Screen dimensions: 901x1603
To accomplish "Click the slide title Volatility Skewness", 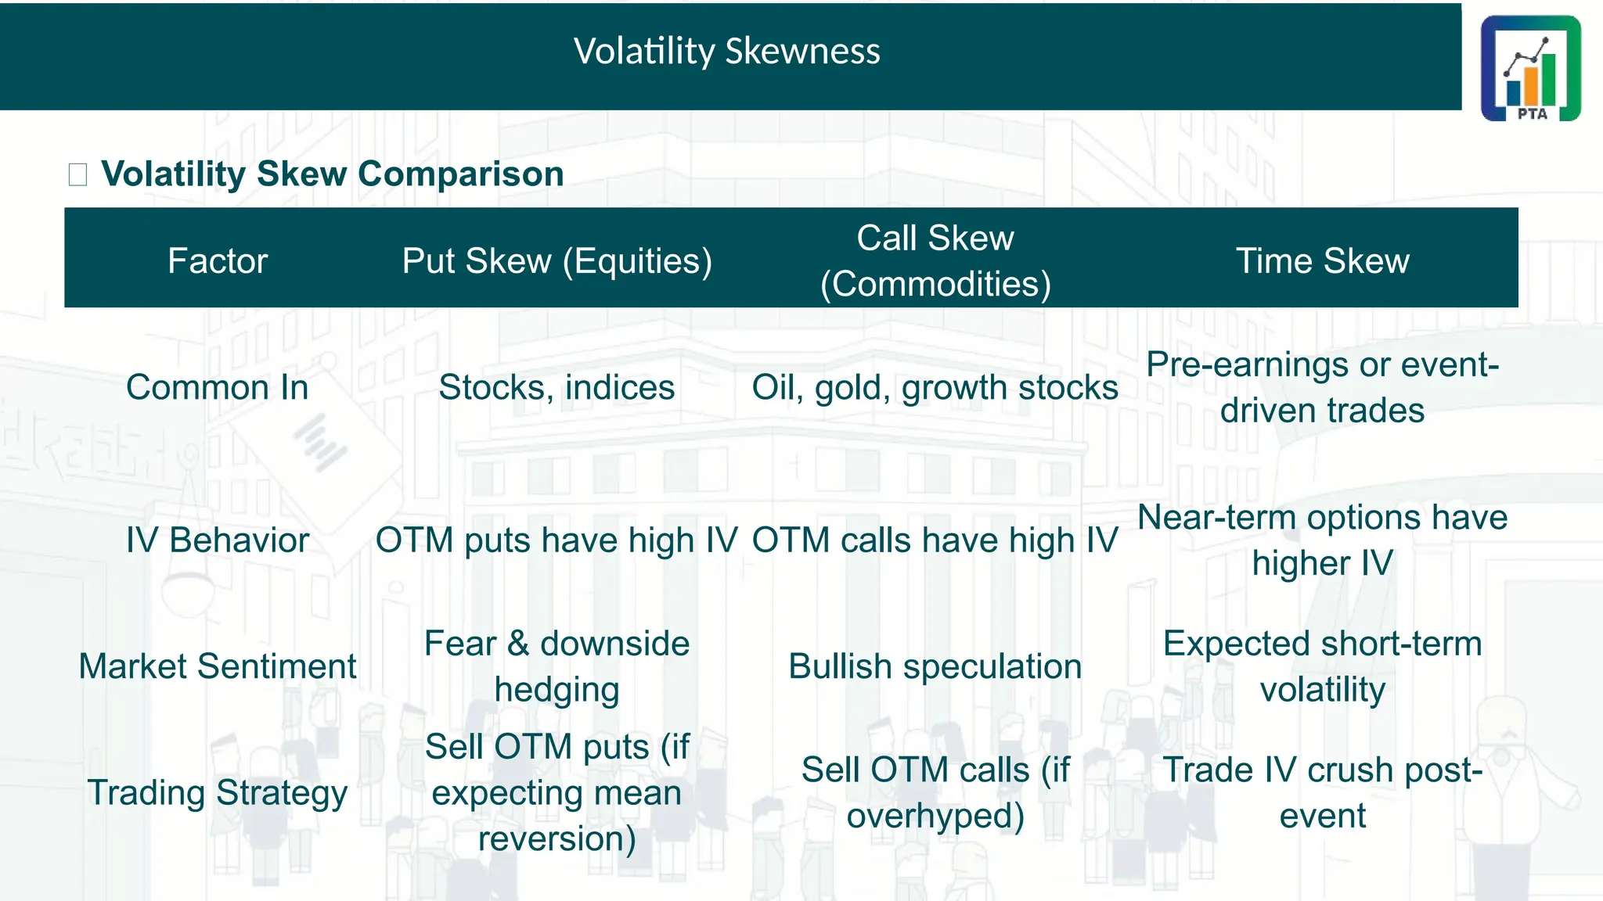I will [726, 52].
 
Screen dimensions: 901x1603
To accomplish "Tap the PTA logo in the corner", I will [1530, 68].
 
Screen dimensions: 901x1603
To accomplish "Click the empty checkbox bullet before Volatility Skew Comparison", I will [77, 174].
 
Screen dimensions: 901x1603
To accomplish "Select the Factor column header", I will [218, 260].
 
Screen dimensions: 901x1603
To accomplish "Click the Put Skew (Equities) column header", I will [557, 260].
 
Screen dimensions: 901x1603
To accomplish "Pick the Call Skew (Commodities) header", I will [935, 260].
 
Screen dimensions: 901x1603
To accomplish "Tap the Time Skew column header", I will [1322, 260].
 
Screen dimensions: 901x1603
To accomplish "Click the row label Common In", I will [218, 387].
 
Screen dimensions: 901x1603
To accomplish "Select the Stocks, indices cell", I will [557, 387].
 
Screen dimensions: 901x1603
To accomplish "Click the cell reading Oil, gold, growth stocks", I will [935, 387].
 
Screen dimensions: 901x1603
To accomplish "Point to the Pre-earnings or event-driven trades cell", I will [1322, 387].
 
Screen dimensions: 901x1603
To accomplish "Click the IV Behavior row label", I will [218, 540].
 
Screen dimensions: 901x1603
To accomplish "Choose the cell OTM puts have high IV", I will [557, 540].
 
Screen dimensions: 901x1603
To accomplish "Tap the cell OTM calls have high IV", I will [935, 540].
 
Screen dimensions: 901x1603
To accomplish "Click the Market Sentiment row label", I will [218, 666].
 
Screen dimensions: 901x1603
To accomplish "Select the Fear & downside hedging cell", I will [557, 666].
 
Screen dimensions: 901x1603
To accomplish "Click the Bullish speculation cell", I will [935, 666].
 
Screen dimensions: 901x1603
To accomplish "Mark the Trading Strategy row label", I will [218, 792].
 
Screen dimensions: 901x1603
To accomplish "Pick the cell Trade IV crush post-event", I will [1322, 792].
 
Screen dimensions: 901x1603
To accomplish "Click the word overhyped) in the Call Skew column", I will [935, 816].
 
